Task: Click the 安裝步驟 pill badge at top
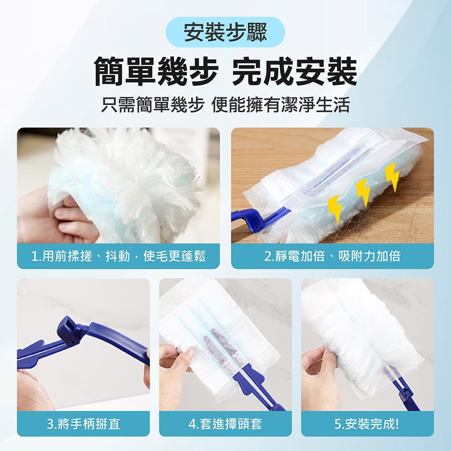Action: (x=226, y=32)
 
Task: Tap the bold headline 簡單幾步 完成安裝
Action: (x=226, y=71)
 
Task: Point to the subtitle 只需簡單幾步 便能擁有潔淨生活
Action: (x=226, y=105)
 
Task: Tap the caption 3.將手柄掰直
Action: (x=83, y=423)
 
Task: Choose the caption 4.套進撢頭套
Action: (x=225, y=423)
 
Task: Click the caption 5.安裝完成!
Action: (x=367, y=423)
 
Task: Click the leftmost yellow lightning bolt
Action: (x=336, y=208)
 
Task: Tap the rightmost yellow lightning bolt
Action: (x=392, y=177)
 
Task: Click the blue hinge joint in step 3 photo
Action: (x=68, y=327)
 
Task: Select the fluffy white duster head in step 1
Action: (x=127, y=184)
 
